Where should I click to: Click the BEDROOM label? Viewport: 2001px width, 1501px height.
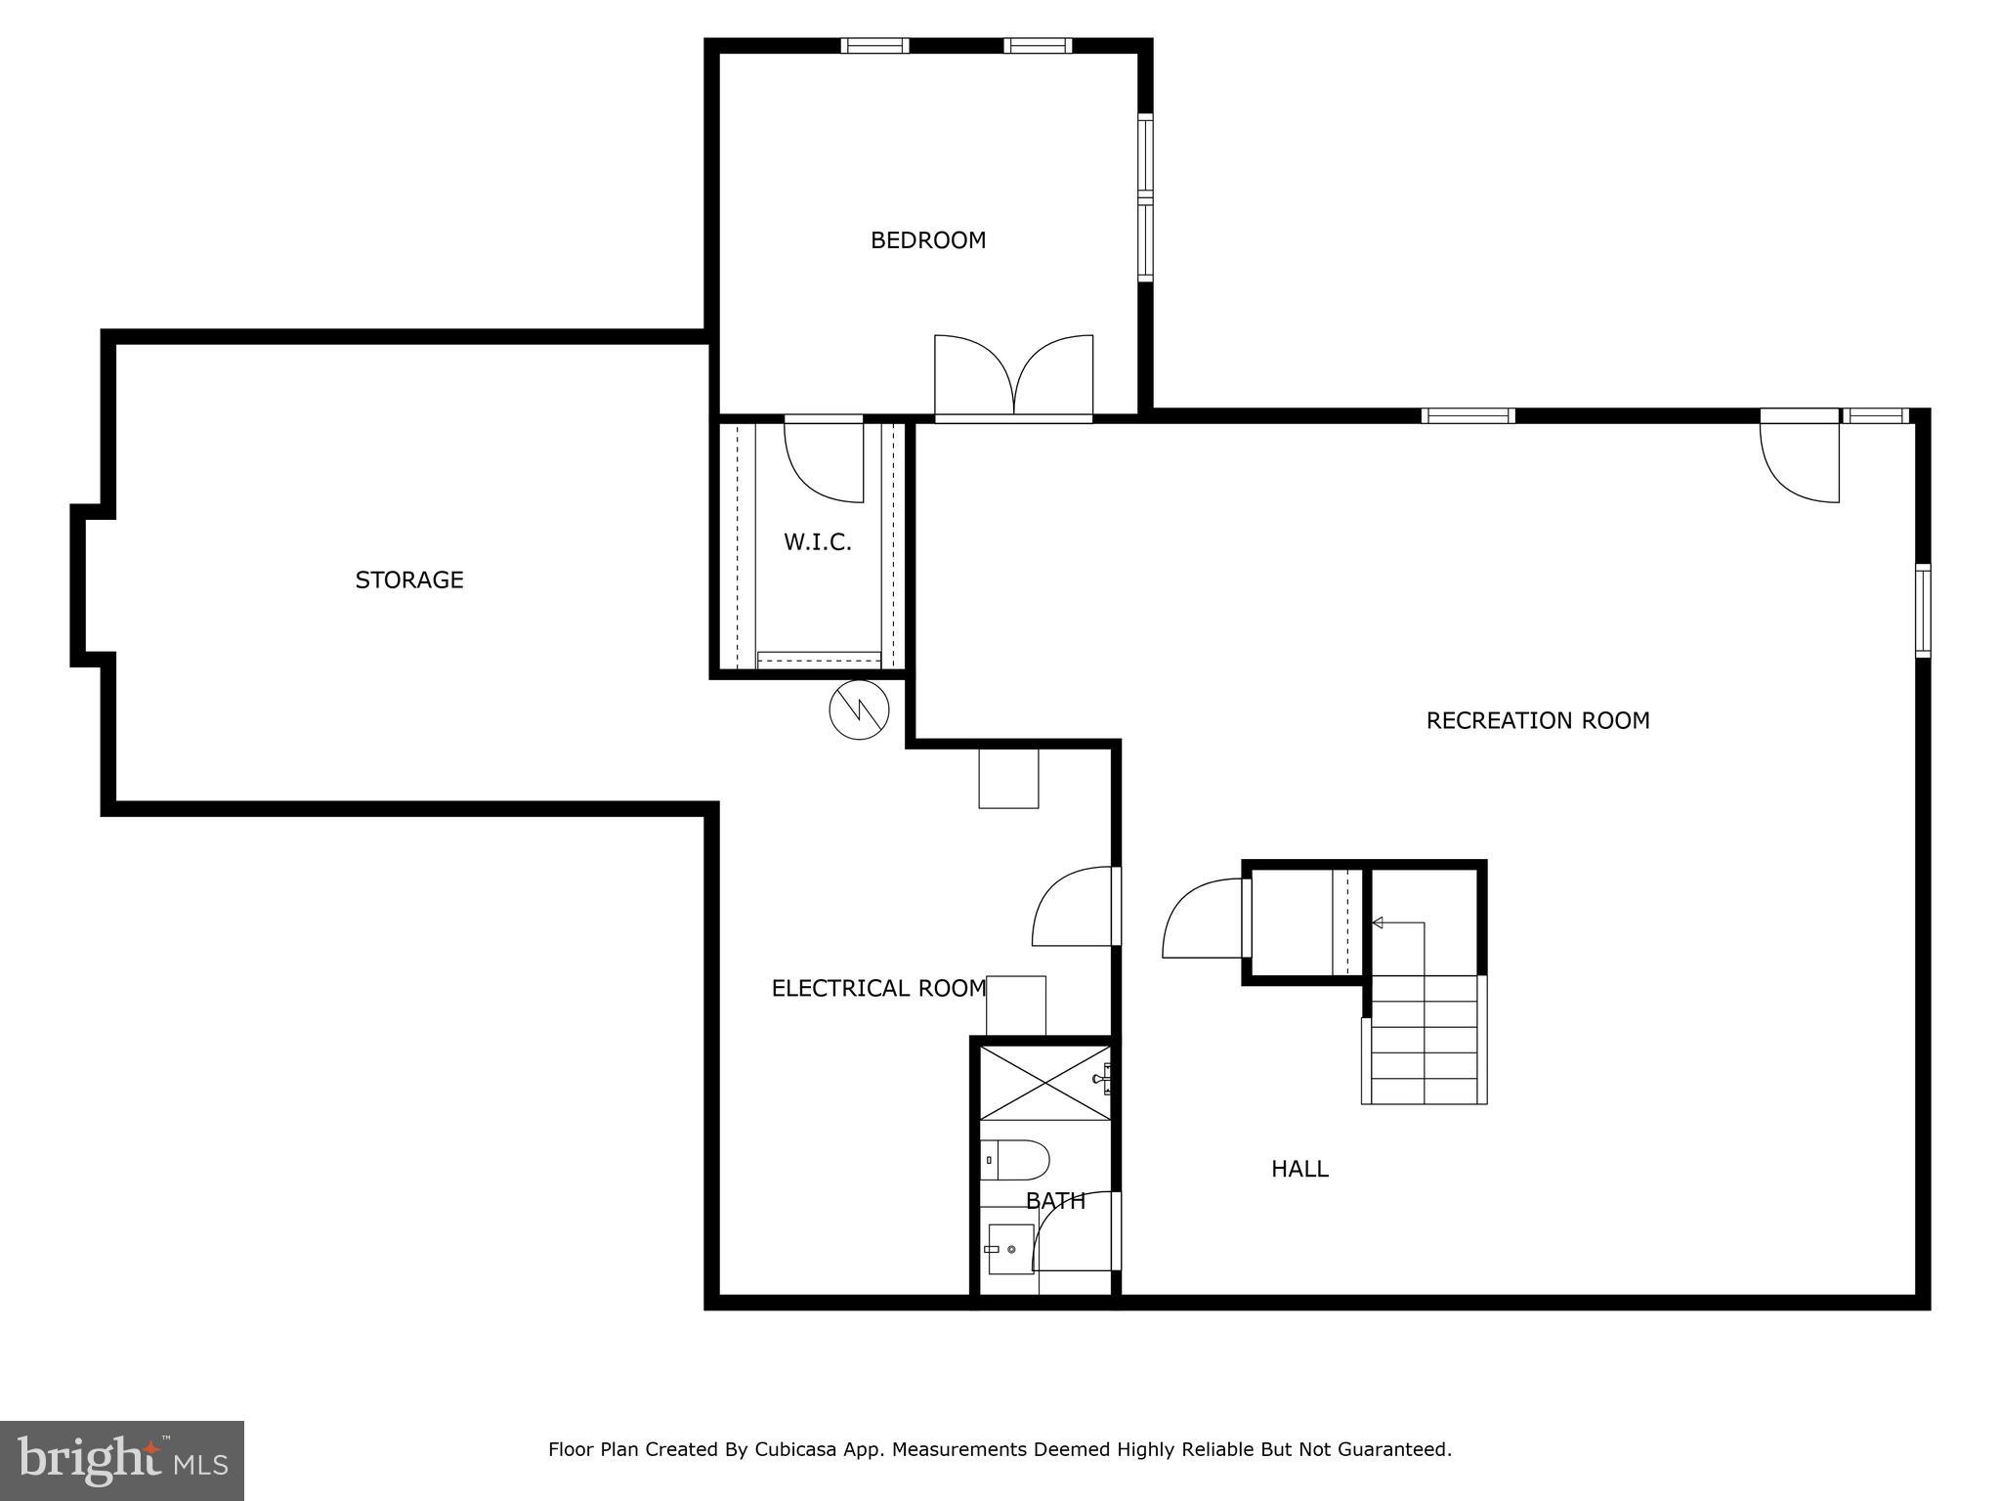pos(928,240)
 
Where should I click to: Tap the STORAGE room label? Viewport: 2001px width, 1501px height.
pos(408,580)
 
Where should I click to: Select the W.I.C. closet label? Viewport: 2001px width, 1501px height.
pos(818,542)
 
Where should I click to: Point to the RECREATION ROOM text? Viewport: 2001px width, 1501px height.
pos(1537,721)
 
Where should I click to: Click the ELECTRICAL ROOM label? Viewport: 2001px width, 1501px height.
pos(878,989)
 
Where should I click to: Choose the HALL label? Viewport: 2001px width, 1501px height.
pos(1299,1169)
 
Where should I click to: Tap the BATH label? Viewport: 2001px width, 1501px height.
pos(1055,1201)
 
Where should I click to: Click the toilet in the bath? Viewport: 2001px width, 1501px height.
pos(1016,1160)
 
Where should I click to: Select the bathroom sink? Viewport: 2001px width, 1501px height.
pos(1010,1249)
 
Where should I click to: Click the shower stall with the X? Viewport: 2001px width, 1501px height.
pos(1043,1083)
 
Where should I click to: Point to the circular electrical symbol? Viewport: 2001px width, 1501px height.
pos(859,709)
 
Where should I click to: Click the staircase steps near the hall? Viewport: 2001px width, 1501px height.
pos(1425,1041)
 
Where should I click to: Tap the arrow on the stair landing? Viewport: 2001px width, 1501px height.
pos(1379,922)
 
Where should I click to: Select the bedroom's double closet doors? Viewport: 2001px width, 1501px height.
pos(1013,377)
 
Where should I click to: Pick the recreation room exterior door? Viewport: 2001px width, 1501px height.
pos(1800,459)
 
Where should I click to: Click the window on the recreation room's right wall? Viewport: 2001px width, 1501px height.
pos(1922,611)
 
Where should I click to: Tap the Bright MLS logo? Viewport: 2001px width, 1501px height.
pos(122,1460)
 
